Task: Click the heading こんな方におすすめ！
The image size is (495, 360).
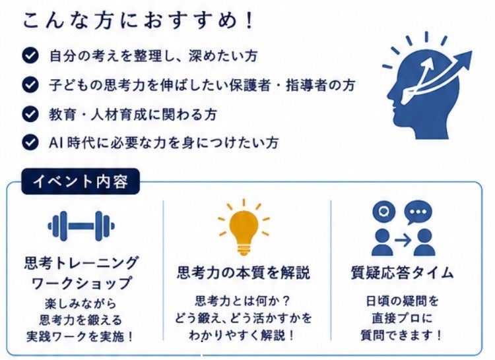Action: coord(138,21)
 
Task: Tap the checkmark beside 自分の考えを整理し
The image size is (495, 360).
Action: coord(30,56)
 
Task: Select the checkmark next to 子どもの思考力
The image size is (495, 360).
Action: coord(30,85)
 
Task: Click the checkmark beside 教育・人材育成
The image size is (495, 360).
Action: coord(30,114)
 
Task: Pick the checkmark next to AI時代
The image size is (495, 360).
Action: coord(30,142)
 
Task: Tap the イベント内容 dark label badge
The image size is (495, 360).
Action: coord(81,181)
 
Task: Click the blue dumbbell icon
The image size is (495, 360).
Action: coord(81,226)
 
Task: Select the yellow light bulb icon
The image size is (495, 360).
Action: coord(244,227)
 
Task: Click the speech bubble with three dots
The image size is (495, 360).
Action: coord(418,212)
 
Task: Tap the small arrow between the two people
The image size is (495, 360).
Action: coord(403,241)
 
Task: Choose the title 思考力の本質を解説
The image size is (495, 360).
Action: coord(244,272)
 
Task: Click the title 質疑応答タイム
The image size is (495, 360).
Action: coord(403,272)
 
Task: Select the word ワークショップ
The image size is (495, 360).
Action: coord(81,283)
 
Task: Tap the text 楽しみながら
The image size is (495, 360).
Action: coord(81,303)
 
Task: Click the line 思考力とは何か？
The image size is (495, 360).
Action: coord(242,301)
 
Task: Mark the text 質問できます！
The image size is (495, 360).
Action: coord(401,335)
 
